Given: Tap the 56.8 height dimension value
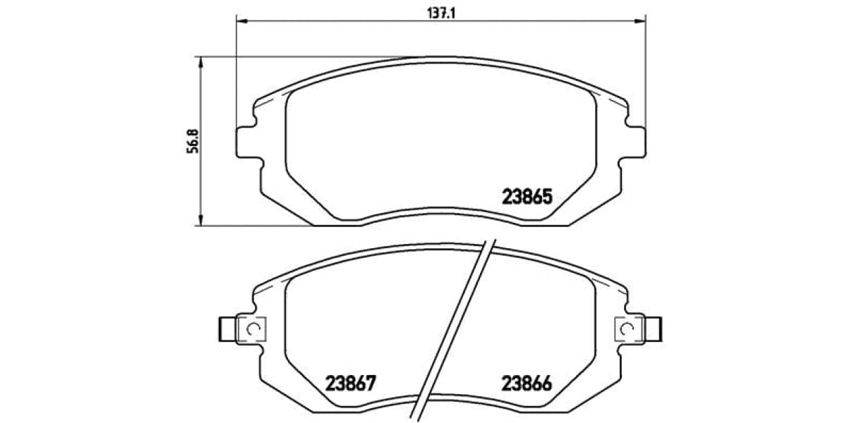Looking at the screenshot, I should [189, 141].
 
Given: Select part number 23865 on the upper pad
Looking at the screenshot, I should [526, 198].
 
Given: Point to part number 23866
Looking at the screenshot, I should [526, 384].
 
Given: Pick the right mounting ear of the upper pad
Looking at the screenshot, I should [636, 141].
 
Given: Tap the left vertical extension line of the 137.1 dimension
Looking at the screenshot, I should [236, 70].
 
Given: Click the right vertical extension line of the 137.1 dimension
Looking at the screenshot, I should [646, 70].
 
